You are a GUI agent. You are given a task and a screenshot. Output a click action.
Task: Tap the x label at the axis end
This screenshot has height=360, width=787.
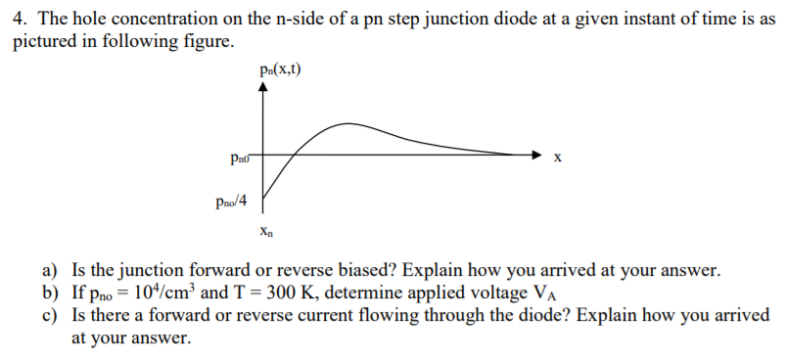[557, 157]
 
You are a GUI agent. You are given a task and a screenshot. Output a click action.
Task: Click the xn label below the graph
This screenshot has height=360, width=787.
[266, 233]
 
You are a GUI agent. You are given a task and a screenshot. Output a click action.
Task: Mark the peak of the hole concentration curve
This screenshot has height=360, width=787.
[347, 124]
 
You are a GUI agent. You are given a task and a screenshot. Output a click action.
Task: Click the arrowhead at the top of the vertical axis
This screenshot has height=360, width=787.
[262, 86]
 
